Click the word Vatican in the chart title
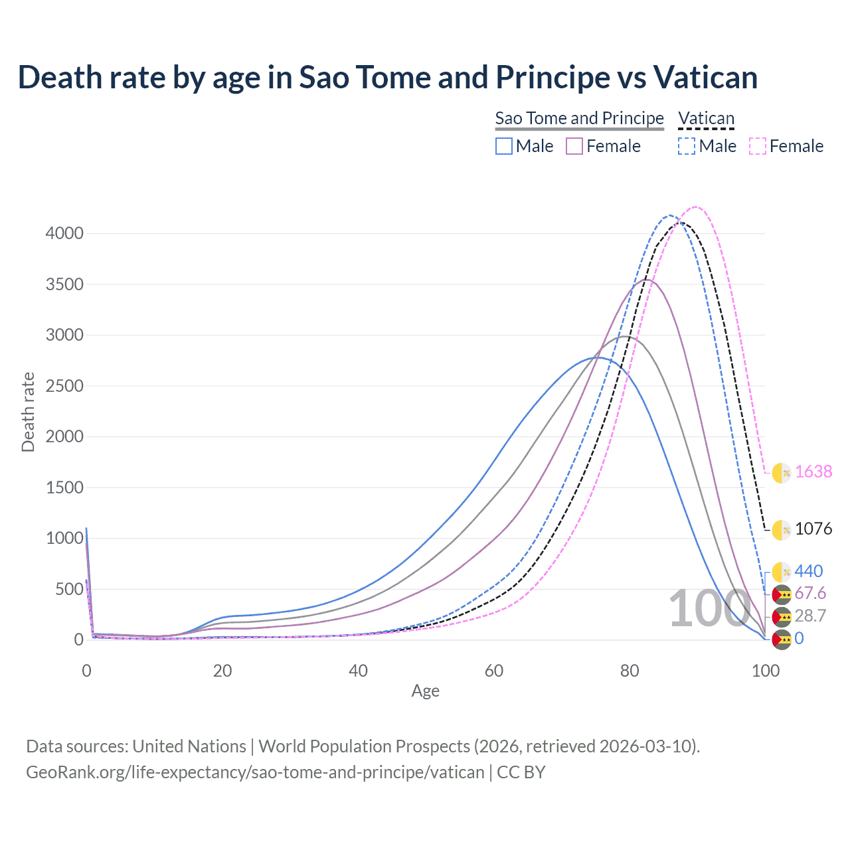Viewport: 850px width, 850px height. [x=705, y=78]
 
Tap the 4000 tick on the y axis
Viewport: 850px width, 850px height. [x=64, y=233]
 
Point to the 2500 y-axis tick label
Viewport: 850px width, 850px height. [x=64, y=386]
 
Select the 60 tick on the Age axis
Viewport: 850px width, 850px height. [x=494, y=671]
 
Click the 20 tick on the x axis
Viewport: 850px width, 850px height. [x=222, y=671]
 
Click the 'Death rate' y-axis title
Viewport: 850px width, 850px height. [x=28, y=412]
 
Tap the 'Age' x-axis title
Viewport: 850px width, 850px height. [x=425, y=691]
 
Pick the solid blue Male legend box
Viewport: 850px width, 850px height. [x=504, y=146]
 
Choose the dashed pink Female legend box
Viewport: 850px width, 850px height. [x=758, y=146]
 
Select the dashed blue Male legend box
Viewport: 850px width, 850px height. [x=687, y=146]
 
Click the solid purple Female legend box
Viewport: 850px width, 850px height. [x=574, y=146]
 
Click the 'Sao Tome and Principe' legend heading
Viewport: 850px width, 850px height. [x=579, y=118]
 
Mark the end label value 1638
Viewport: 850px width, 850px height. [x=813, y=471]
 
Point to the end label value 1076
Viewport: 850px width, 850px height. [x=813, y=529]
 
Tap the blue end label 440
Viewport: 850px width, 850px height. [x=808, y=571]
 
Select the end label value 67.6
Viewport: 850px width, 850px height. [x=810, y=593]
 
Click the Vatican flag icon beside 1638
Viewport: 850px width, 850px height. [x=782, y=472]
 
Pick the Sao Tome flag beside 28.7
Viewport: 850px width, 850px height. [x=782, y=616]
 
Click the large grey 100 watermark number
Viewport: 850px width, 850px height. [x=709, y=608]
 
